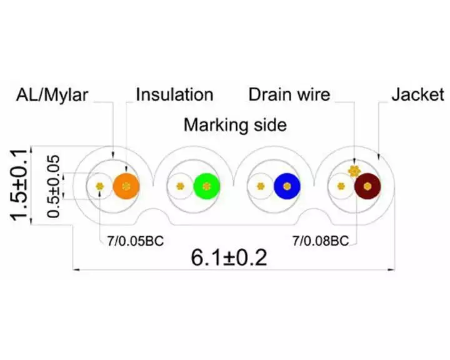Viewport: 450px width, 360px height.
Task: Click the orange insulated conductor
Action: click(126, 186)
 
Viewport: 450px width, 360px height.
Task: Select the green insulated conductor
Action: click(207, 186)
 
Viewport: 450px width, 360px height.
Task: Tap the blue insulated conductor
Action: click(287, 186)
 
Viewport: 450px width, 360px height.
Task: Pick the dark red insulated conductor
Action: click(367, 186)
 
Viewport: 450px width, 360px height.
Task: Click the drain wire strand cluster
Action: click(354, 171)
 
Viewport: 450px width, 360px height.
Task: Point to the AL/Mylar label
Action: click(52, 95)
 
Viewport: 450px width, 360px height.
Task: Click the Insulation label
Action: click(174, 94)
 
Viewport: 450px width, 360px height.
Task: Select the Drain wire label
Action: click(289, 94)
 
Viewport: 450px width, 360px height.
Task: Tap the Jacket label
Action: click(418, 94)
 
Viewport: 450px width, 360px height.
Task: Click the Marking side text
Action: click(235, 125)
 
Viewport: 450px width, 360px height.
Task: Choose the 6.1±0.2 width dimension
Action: click(229, 257)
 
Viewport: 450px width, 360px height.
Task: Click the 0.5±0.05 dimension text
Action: click(54, 187)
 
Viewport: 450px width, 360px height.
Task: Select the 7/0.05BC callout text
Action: click(136, 241)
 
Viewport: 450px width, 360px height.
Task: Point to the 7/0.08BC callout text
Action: click(321, 241)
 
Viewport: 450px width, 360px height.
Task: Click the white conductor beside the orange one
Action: click(99, 186)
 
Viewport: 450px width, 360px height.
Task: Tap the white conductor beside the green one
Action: click(180, 186)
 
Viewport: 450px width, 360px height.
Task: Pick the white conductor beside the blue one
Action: click(260, 186)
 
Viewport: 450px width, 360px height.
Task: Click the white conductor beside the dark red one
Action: click(341, 186)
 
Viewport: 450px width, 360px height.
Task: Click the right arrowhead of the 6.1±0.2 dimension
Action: click(391, 269)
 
